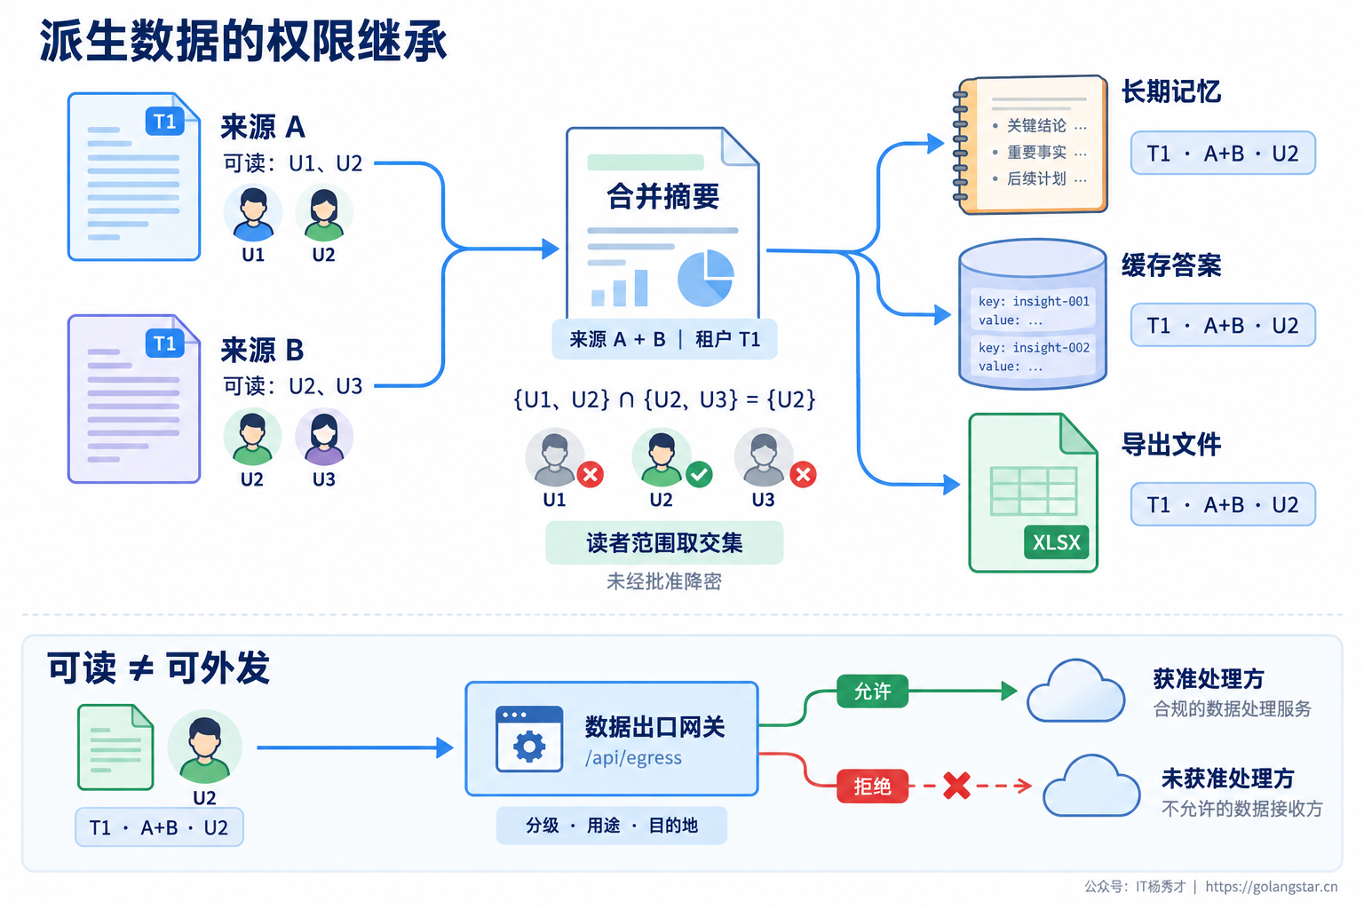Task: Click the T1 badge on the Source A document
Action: (164, 121)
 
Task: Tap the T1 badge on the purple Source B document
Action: (164, 344)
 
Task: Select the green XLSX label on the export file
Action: (1056, 541)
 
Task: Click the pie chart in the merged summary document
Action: (706, 278)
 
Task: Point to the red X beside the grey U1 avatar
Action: (590, 474)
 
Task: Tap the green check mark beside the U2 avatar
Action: (699, 474)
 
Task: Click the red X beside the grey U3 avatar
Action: (803, 474)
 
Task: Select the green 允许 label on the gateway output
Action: (872, 691)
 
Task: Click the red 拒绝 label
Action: (872, 786)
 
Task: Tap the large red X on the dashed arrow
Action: (956, 786)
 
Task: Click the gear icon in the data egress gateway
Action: (529, 747)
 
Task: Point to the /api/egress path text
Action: (633, 758)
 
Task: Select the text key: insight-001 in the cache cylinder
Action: (1034, 302)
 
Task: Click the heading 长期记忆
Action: (1171, 92)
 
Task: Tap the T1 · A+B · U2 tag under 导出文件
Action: (1223, 505)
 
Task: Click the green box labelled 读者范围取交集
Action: (664, 542)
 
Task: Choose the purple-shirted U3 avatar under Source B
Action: (324, 437)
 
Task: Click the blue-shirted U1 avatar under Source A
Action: (253, 213)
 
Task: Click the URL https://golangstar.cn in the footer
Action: (1272, 887)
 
